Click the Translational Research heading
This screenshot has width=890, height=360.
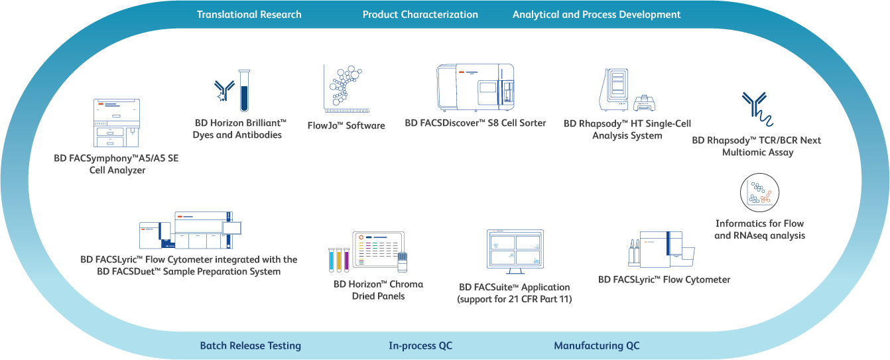(x=249, y=15)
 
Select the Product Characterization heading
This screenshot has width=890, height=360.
(x=420, y=15)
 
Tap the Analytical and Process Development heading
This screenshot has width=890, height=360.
(x=596, y=15)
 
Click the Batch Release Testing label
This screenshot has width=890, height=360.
(x=250, y=345)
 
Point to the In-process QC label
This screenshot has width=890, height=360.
(x=420, y=345)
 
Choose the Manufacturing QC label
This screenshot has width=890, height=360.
(x=596, y=345)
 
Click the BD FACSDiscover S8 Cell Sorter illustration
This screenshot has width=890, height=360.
(x=475, y=88)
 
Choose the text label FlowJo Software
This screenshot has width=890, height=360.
(x=346, y=125)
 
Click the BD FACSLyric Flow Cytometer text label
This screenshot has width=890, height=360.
(x=664, y=280)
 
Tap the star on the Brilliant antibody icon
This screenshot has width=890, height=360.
(x=222, y=97)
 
